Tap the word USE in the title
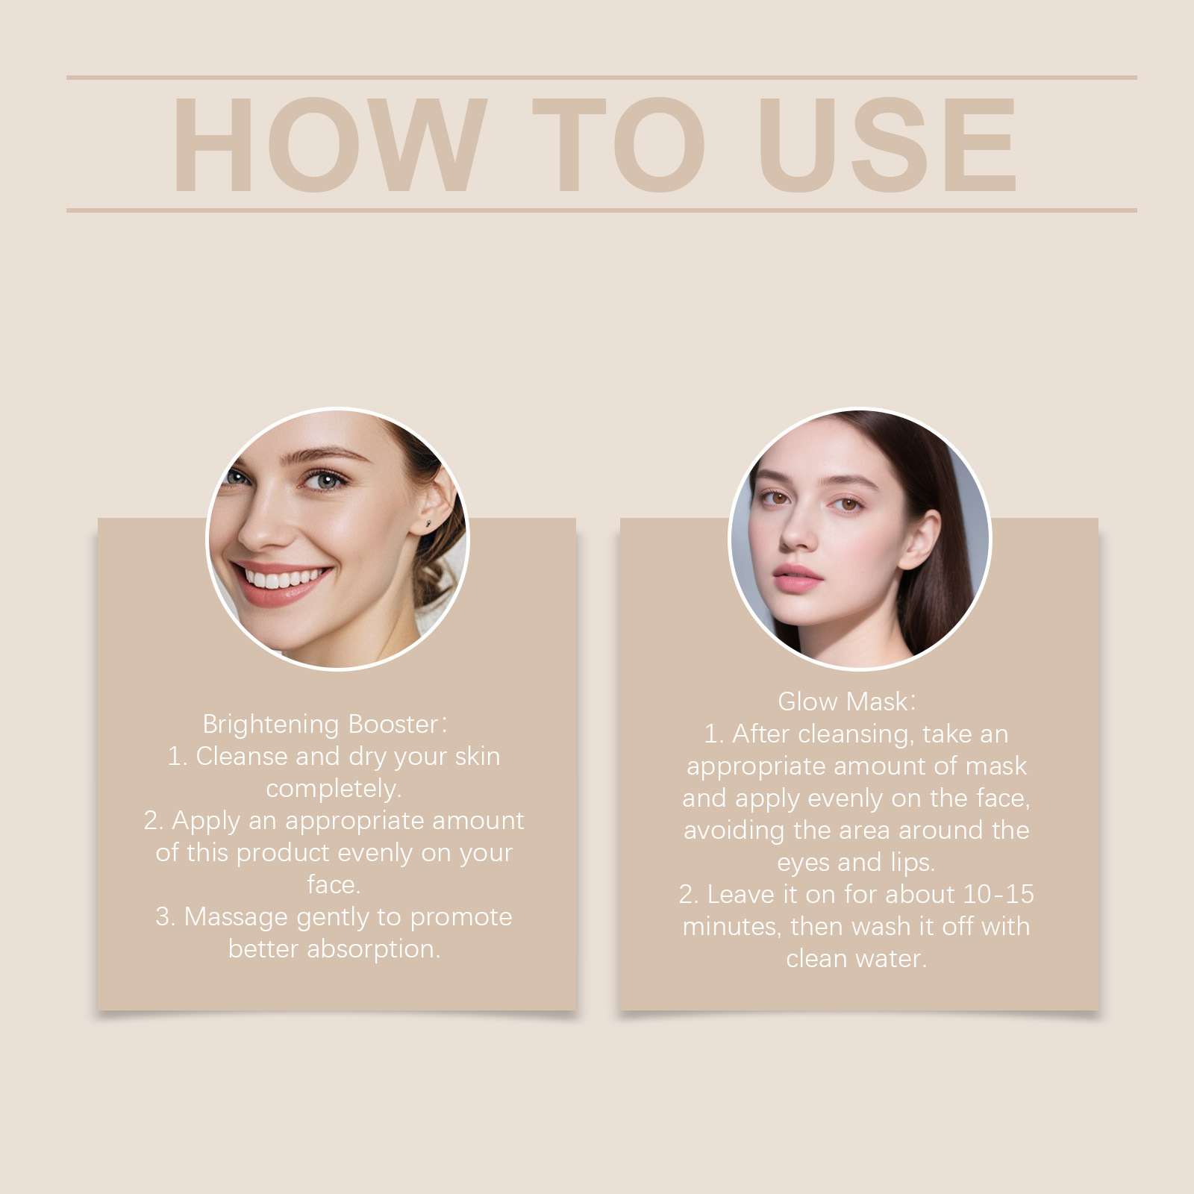(x=888, y=145)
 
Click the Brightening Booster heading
(x=325, y=725)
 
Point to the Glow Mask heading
(x=846, y=701)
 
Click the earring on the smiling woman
(x=428, y=525)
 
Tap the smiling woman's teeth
(x=285, y=578)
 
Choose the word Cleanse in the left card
(x=242, y=757)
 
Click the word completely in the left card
(x=334, y=790)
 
